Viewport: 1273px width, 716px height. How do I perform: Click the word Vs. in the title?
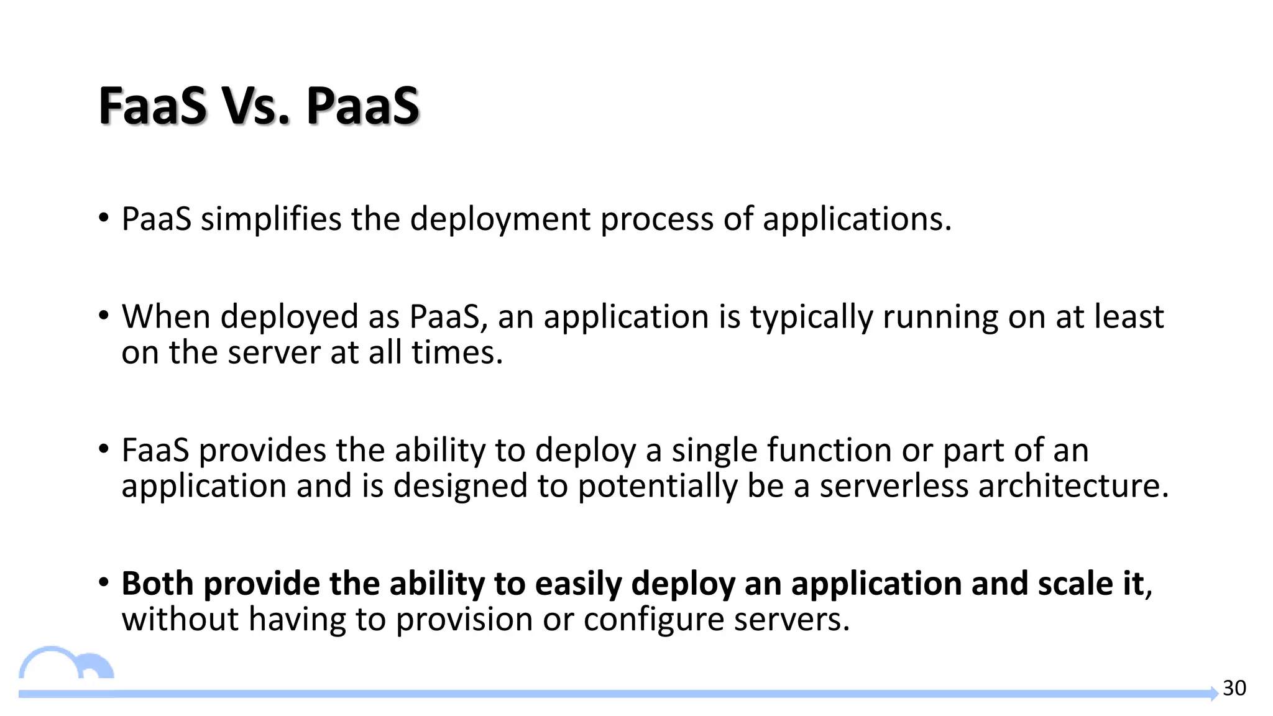click(x=256, y=106)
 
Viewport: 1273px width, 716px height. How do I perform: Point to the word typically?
click(x=811, y=317)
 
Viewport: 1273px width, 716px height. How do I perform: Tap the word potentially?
click(x=657, y=486)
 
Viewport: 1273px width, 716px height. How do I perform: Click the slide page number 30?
click(x=1234, y=688)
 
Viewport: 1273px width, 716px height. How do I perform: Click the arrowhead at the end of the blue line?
click(x=1213, y=694)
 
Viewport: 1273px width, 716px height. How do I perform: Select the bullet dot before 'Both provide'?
click(x=104, y=583)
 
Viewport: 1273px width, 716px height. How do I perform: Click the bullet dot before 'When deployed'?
click(x=104, y=316)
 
